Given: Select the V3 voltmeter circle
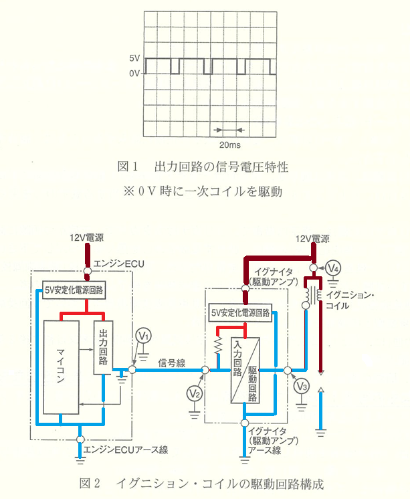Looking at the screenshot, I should point(302,387).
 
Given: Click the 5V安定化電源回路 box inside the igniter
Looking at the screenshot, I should point(239,312).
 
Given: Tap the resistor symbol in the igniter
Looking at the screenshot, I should point(217,346).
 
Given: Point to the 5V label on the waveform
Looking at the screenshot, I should point(134,59).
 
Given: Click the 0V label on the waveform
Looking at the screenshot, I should point(134,73).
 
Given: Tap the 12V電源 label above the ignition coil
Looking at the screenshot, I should point(313,238).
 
